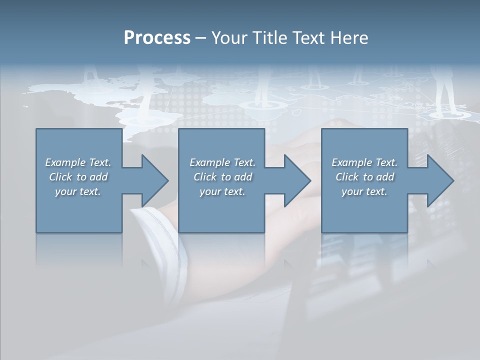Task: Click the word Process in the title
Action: [157, 38]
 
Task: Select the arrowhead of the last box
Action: [439, 180]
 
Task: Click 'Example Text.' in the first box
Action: [78, 162]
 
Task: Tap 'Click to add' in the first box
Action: [78, 177]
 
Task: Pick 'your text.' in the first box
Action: [78, 191]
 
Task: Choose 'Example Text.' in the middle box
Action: [222, 162]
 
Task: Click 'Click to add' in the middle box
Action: [222, 177]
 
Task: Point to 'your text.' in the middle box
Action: [222, 191]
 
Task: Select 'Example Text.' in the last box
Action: [364, 162]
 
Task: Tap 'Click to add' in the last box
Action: [364, 177]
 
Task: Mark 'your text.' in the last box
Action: [364, 191]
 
